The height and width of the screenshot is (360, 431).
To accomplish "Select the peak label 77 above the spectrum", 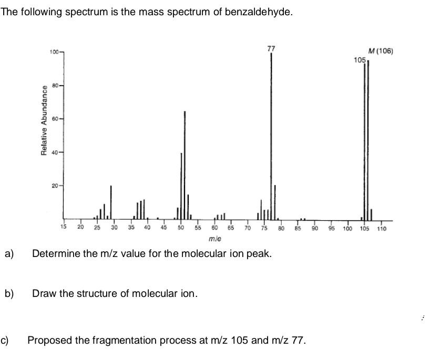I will tap(271, 48).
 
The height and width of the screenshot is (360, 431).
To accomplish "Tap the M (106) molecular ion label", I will tap(381, 51).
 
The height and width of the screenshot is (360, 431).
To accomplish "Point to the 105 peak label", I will tap(360, 60).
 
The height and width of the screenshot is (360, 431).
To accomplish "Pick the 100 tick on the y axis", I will tap(54, 52).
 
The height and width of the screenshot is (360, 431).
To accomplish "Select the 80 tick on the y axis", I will tap(56, 85).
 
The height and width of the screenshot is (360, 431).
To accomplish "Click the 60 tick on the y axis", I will tap(56, 119).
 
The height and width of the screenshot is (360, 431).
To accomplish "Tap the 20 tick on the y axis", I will tap(56, 186).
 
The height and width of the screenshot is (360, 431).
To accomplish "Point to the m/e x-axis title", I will tap(214, 239).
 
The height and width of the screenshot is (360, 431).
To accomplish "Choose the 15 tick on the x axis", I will tap(64, 228).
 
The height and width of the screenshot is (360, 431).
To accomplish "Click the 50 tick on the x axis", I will tap(181, 228).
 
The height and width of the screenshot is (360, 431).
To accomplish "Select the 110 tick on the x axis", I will tap(381, 229).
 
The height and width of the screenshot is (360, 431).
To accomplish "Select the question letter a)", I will tap(9, 254).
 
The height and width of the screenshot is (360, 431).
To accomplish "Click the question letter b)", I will tap(9, 293).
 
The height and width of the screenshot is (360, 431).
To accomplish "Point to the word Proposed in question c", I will tap(49, 340).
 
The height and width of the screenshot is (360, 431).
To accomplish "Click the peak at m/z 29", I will tap(111, 202).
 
